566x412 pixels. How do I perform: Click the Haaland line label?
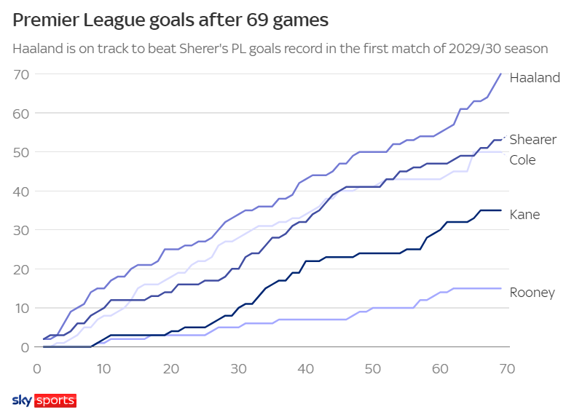535,78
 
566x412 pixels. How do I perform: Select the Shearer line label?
532,139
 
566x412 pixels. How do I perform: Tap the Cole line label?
522,159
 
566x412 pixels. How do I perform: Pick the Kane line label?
524,215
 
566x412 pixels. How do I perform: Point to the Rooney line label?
532,293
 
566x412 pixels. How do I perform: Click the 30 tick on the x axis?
238,368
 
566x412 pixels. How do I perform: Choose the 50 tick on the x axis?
373,368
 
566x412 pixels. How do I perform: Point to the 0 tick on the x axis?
37,368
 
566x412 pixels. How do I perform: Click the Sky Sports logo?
44,400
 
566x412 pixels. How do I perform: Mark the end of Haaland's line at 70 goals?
501,74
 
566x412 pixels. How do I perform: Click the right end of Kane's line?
501,210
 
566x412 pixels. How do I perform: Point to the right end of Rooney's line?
501,288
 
